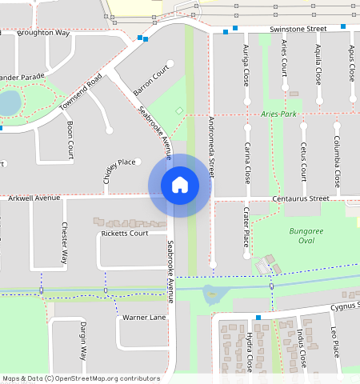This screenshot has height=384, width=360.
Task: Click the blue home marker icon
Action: click(x=180, y=185)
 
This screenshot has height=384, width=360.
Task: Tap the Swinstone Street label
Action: click(x=299, y=29)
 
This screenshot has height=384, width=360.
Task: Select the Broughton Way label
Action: click(x=44, y=34)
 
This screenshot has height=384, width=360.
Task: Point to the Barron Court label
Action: click(x=152, y=82)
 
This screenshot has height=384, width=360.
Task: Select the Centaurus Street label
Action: click(x=301, y=198)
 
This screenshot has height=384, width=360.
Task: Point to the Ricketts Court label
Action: click(x=124, y=234)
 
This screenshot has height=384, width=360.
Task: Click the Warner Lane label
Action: click(x=144, y=318)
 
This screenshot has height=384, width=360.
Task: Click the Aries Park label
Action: click(x=278, y=114)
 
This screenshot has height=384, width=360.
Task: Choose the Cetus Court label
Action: click(x=303, y=162)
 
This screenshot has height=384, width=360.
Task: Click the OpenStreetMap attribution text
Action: click(x=81, y=378)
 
